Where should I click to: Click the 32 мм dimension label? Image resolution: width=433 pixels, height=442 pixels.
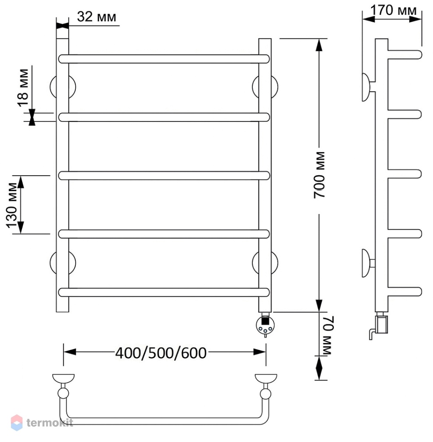click(97, 16)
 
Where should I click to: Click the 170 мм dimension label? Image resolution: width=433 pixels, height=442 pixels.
click(393, 10)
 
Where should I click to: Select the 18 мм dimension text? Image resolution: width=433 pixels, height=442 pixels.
click(23, 88)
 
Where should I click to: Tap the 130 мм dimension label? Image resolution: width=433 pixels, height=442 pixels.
click(12, 205)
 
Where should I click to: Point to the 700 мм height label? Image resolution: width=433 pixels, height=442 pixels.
click(319, 175)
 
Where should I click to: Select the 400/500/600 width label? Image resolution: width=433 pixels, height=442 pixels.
click(161, 353)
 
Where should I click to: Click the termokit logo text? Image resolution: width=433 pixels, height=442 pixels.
click(50, 423)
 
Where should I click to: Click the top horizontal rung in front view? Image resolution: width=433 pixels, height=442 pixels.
click(164, 59)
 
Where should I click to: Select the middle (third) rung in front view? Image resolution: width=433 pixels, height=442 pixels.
click(164, 175)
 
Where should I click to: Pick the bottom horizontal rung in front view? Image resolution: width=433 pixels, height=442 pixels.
click(164, 292)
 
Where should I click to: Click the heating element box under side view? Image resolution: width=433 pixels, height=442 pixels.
click(381, 325)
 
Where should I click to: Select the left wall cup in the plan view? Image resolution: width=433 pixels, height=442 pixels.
click(63, 378)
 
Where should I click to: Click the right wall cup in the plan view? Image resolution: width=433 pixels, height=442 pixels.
click(265, 378)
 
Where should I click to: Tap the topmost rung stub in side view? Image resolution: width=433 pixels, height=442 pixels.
click(405, 54)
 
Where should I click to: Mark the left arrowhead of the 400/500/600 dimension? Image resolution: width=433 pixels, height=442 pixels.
click(70, 352)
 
